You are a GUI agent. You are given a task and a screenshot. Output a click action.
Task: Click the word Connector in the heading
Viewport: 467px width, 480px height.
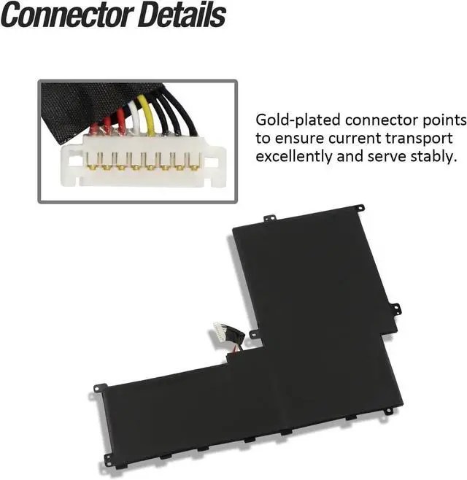point(66,15)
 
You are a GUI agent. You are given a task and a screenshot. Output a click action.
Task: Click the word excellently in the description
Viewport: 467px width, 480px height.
point(296,155)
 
